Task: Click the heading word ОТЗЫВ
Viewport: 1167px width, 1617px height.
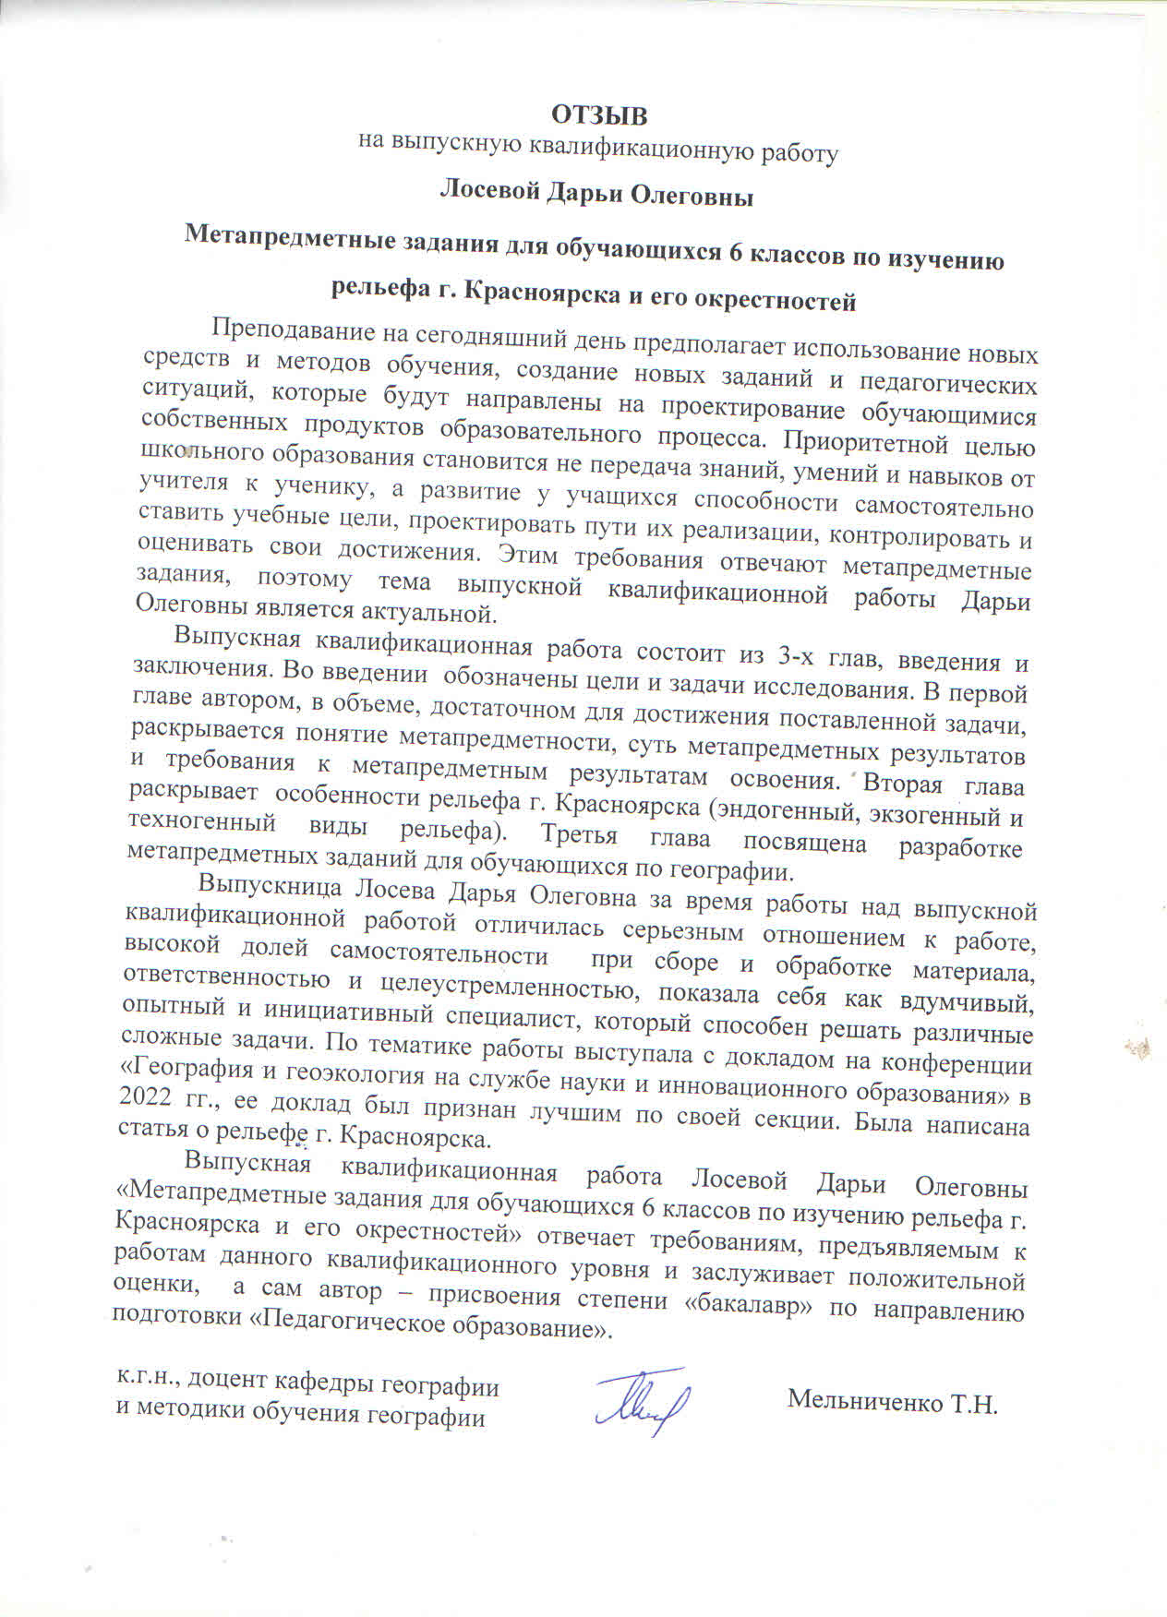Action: pos(599,115)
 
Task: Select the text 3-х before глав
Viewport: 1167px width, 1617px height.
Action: pos(795,657)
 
